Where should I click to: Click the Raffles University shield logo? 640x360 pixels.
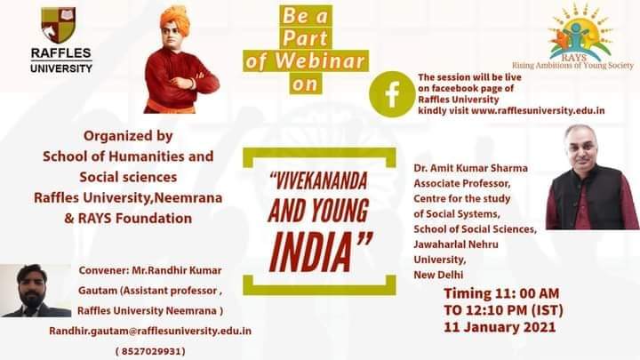pyautogui.click(x=59, y=25)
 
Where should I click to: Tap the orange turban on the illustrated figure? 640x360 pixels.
pyautogui.click(x=175, y=19)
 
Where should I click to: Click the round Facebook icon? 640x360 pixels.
pyautogui.click(x=392, y=94)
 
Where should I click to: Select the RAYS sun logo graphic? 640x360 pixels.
pyautogui.click(x=580, y=33)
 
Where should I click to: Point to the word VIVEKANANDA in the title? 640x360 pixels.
pyautogui.click(x=318, y=181)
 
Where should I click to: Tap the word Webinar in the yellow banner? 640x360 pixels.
pyautogui.click(x=320, y=61)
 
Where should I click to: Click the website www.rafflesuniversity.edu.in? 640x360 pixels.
pyautogui.click(x=538, y=110)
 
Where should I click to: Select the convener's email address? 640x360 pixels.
pyautogui.click(x=150, y=331)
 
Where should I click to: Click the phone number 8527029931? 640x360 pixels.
pyautogui.click(x=150, y=351)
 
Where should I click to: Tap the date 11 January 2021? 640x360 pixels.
pyautogui.click(x=500, y=327)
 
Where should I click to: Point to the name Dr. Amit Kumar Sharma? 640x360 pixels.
pyautogui.click(x=470, y=168)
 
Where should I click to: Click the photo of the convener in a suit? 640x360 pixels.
pyautogui.click(x=36, y=291)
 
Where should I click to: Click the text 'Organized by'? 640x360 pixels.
pyautogui.click(x=128, y=136)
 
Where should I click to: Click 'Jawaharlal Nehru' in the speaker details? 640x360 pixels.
pyautogui.click(x=456, y=244)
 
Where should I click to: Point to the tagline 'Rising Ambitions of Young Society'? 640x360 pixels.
pyautogui.click(x=572, y=65)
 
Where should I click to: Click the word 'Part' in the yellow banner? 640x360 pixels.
pyautogui.click(x=305, y=38)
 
